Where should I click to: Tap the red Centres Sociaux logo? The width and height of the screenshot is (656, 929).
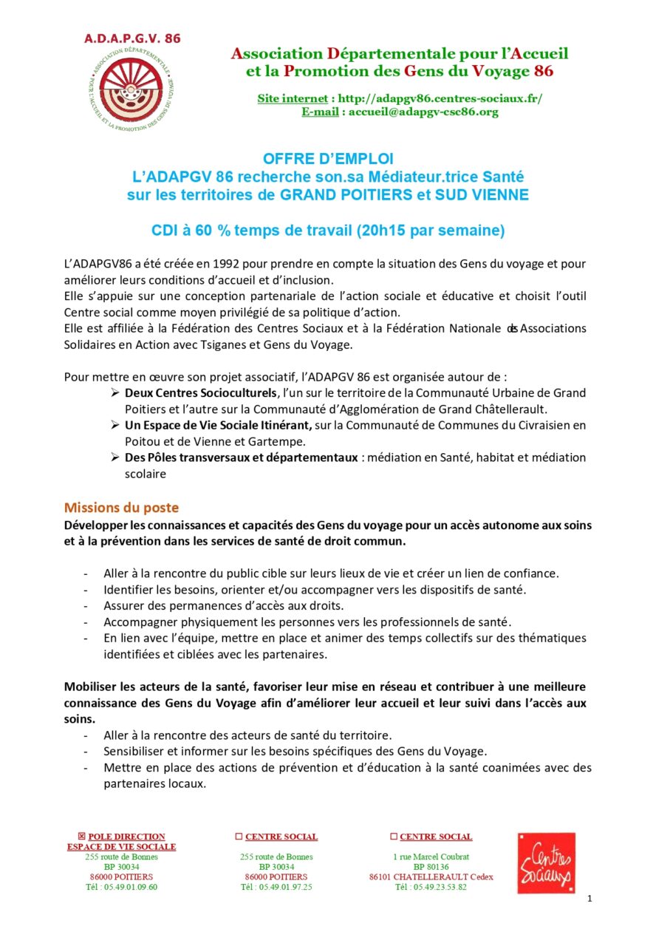[x=545, y=862]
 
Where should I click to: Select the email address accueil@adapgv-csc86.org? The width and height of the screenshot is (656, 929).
[x=423, y=112]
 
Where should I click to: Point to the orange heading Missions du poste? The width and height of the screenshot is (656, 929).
[x=121, y=508]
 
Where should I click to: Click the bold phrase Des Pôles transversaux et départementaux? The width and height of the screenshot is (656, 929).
[x=241, y=457]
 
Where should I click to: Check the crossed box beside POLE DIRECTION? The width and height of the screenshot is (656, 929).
[x=81, y=837]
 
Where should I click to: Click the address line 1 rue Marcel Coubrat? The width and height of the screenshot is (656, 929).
[x=431, y=857]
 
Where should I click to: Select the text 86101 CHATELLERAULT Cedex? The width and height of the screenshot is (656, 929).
[x=431, y=877]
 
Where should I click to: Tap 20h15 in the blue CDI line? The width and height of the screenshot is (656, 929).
[x=382, y=231]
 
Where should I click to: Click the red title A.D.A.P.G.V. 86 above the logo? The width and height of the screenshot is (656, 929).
[x=131, y=38]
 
